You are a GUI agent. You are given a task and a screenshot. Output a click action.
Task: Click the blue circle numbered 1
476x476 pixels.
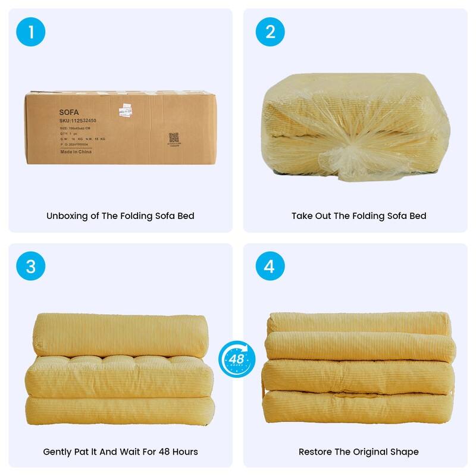31,32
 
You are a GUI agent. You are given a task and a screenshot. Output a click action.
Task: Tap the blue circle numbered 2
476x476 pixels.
270,32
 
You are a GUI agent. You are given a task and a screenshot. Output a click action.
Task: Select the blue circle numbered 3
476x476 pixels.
31,267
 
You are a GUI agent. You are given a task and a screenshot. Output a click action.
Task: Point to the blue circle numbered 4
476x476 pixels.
270,267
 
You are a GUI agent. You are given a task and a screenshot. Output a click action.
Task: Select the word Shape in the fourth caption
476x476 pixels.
405,452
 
